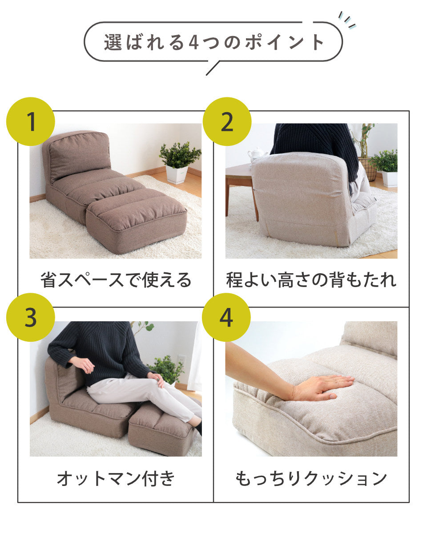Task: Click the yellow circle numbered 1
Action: coord(30,121)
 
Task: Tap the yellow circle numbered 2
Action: coord(227,121)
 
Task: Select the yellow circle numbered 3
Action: coord(30,317)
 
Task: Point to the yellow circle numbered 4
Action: coord(226,317)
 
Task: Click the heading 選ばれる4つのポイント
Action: coord(213,42)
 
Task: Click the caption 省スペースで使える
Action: coord(116,280)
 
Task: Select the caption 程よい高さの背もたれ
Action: coord(311,280)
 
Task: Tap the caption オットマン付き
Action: coord(116,478)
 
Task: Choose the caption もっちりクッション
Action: coord(311,478)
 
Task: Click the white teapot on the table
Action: coord(258,155)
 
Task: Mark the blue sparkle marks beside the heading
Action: coord(347,20)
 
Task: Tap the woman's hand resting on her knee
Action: coord(156,380)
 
